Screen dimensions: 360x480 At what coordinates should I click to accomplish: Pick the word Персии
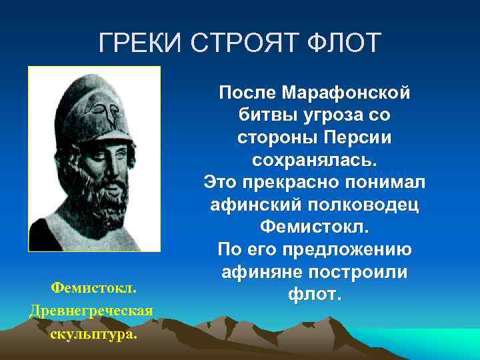coord(352,137)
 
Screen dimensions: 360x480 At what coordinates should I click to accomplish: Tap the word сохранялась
coord(314,160)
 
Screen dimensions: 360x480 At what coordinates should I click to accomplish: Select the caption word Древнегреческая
coord(92,311)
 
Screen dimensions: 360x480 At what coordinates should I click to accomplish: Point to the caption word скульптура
coord(93,333)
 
